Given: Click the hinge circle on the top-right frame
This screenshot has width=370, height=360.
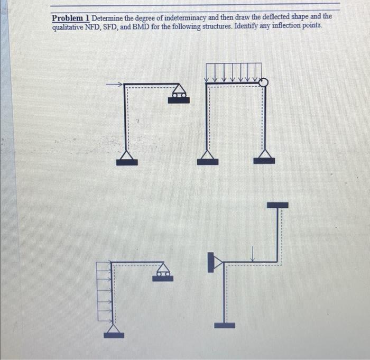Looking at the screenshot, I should coord(264,82).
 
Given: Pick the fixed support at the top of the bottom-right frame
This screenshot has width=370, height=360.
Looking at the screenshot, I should coord(277,205).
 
